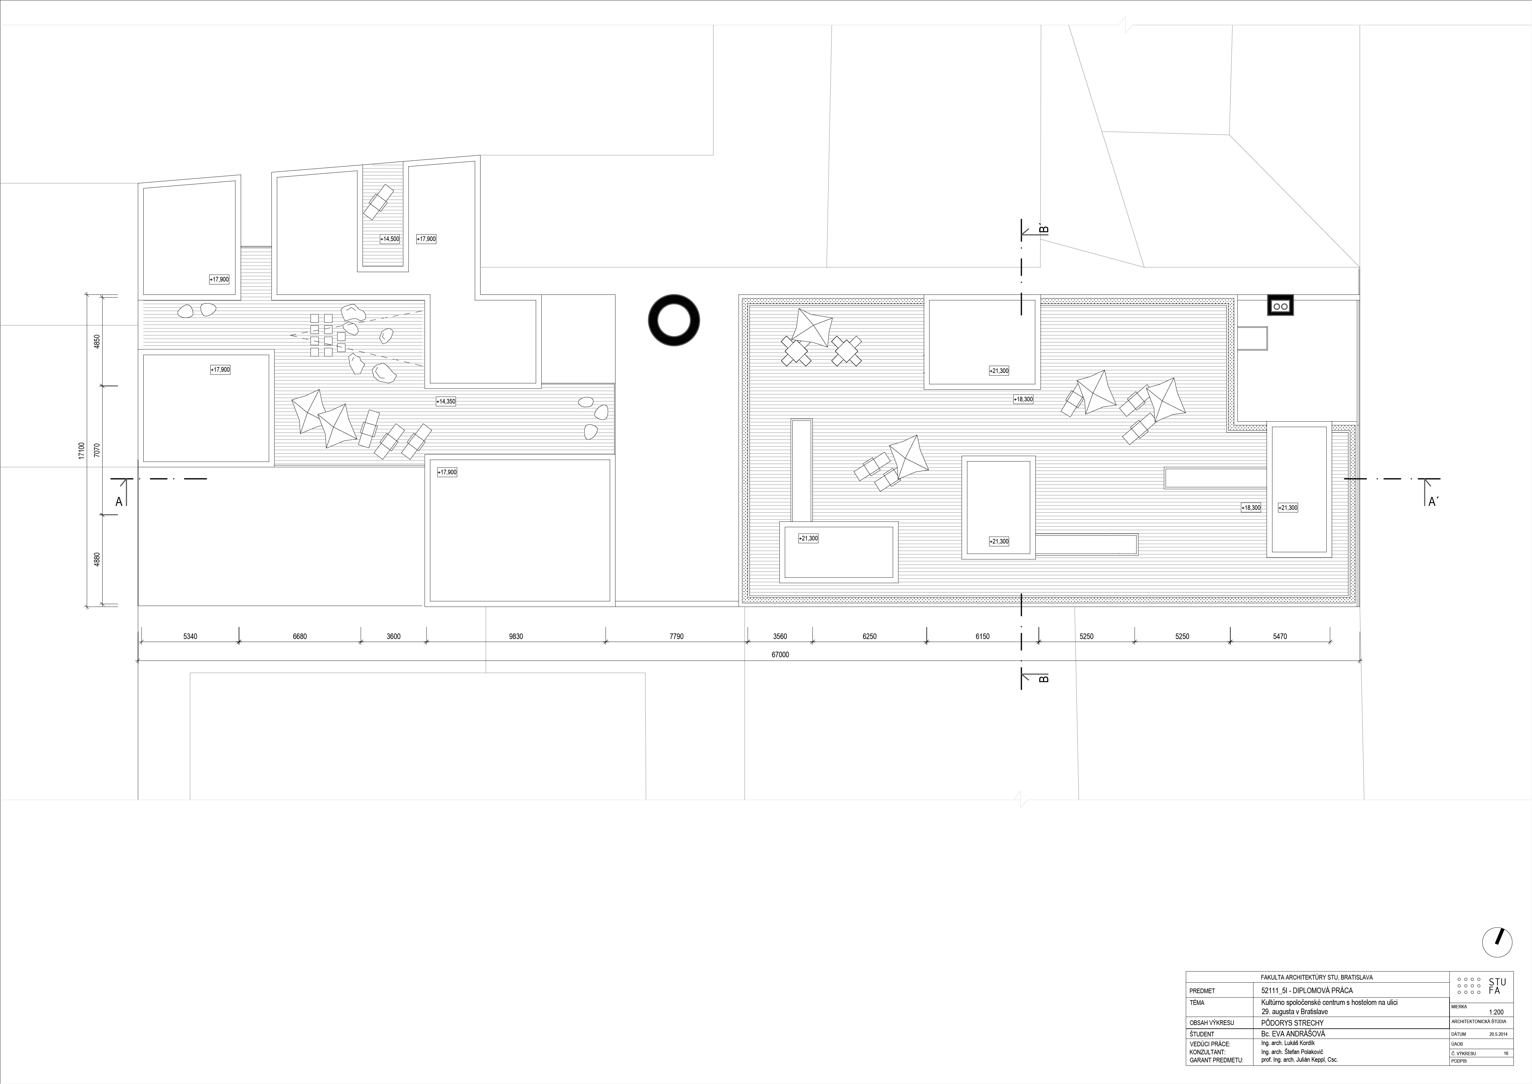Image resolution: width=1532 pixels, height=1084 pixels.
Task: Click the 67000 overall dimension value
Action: pyautogui.click(x=780, y=655)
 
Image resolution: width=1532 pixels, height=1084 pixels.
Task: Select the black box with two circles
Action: pyautogui.click(x=1280, y=305)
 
